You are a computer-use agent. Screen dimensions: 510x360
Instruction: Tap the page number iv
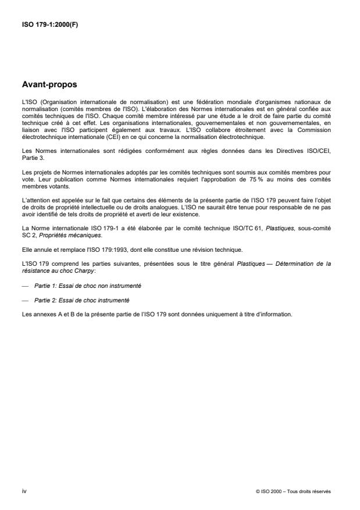23,491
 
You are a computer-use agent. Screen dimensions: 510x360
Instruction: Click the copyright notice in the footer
293,491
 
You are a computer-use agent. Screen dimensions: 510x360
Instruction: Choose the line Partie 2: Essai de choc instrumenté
82,300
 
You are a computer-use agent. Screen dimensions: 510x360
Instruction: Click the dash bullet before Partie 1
24,286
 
